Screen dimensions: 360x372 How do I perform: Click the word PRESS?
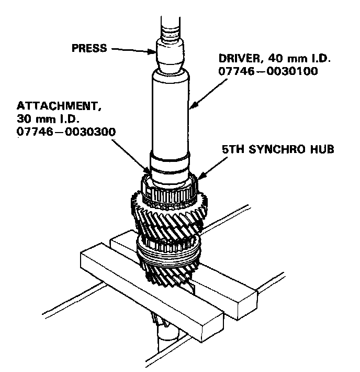point(88,48)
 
